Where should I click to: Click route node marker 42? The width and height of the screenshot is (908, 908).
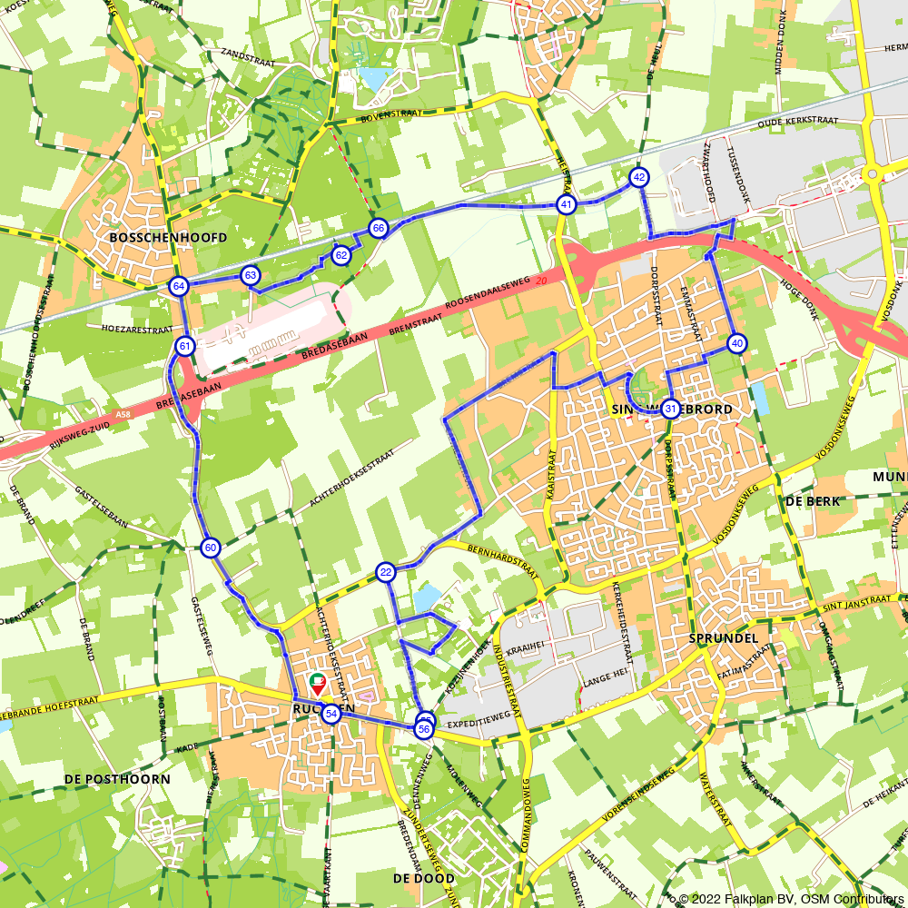[x=640, y=177]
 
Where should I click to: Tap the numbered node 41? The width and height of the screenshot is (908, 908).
[x=567, y=204]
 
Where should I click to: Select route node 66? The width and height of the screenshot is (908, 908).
[x=379, y=227]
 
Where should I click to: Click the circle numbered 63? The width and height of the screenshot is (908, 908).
[x=251, y=275]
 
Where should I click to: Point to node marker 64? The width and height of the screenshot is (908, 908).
[x=179, y=286]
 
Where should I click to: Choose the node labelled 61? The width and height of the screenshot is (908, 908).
[x=185, y=346]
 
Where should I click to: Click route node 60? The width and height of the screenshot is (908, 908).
[x=211, y=547]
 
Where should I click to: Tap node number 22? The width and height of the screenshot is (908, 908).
[x=386, y=572]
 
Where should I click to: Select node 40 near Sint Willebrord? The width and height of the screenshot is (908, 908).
[x=736, y=343]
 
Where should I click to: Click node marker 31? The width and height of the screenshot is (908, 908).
[x=670, y=409]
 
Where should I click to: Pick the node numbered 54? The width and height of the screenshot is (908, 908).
[x=331, y=715]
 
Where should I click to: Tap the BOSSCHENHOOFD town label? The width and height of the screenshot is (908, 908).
[x=167, y=237]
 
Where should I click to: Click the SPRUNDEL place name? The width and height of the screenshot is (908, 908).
[x=723, y=638]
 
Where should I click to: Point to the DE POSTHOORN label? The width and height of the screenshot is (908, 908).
[x=117, y=779]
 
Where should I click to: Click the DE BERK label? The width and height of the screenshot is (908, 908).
[x=813, y=500]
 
